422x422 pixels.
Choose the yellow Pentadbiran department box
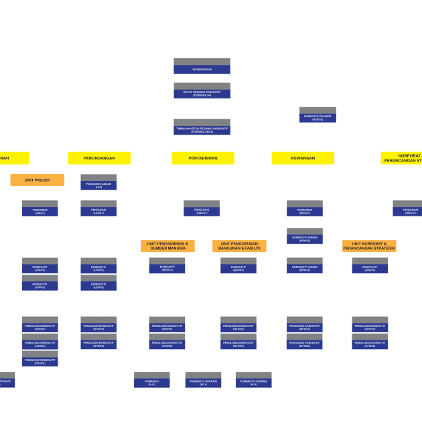coord(202,158)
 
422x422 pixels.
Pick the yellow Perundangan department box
coord(99,158)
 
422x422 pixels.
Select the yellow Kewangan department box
coord(303,158)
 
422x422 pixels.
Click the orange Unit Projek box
coord(38,180)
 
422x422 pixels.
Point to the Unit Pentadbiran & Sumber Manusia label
coord(167,246)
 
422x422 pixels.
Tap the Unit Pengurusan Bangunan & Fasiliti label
coord(239,246)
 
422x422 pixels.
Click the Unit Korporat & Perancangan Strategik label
coord(369,246)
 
